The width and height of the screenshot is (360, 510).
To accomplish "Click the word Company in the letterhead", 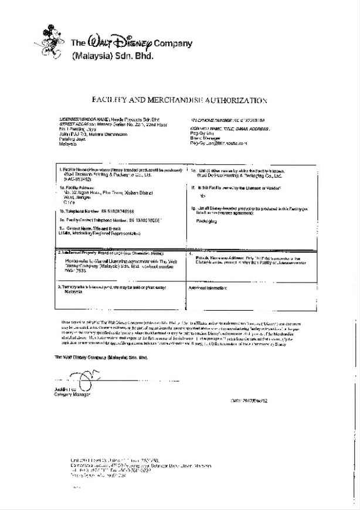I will pos(172,43).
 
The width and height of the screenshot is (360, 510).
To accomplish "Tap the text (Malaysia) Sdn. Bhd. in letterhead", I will pos(111,57).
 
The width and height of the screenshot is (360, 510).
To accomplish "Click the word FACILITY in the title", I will pos(112,100).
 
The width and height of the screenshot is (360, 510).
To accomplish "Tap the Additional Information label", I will pos(208,288).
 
